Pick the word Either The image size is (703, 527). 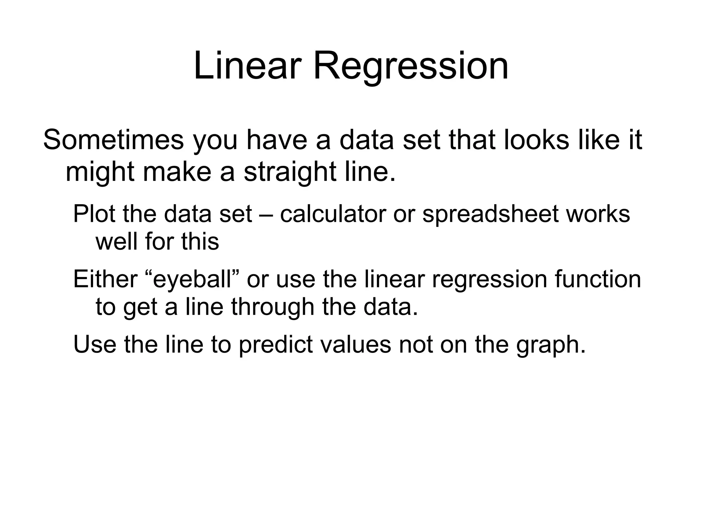point(105,279)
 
